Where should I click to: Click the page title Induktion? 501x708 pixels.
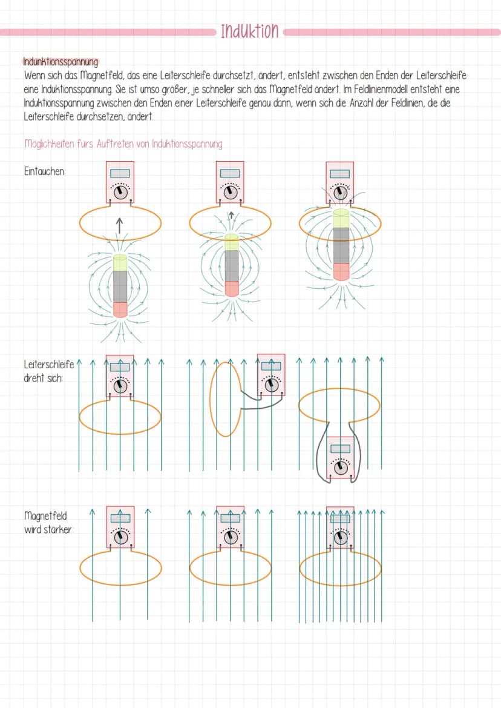[x=249, y=31]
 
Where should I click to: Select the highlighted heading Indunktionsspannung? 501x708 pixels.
[x=61, y=61]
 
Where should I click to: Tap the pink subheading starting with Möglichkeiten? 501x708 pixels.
[x=123, y=144]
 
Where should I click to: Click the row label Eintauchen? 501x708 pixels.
[x=45, y=171]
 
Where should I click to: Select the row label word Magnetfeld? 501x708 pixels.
[x=45, y=515]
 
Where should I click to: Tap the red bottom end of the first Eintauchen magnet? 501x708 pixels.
[x=120, y=310]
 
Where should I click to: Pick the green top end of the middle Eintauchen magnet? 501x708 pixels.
[x=231, y=242]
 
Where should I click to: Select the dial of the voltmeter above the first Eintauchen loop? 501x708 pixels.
[x=120, y=192]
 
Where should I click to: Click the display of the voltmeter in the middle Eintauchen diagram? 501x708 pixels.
[x=230, y=173]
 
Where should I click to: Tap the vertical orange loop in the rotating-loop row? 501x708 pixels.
[x=226, y=399]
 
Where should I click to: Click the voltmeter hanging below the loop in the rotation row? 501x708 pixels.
[x=340, y=458]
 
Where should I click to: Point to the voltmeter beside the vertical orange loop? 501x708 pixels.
[x=271, y=375]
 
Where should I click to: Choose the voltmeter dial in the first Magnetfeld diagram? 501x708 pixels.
[x=120, y=537]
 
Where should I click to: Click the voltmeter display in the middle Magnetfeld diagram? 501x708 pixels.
[x=231, y=518]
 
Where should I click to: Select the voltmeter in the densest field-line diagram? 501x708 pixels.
[x=340, y=528]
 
